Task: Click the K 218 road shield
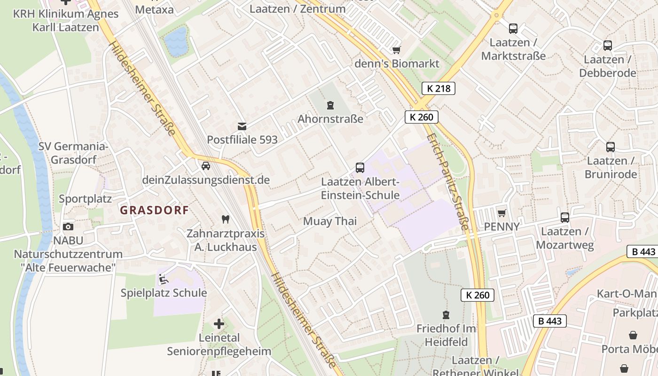click(439, 88)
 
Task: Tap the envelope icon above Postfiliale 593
click(242, 126)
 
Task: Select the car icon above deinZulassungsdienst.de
click(205, 166)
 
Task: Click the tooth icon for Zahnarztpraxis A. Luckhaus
click(225, 219)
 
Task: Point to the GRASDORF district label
click(154, 210)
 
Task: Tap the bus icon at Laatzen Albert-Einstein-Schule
click(360, 167)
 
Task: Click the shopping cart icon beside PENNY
click(501, 213)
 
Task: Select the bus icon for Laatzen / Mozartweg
click(565, 218)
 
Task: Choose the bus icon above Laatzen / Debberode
click(608, 46)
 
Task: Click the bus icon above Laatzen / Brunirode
click(610, 147)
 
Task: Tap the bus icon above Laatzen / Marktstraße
click(513, 29)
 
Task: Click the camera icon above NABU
click(68, 227)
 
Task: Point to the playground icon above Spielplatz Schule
click(163, 279)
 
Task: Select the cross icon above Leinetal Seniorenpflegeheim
click(219, 324)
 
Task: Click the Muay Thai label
click(330, 221)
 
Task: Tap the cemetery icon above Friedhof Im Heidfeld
click(446, 314)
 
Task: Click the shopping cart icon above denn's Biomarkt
click(396, 50)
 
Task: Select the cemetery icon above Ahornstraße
click(330, 105)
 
